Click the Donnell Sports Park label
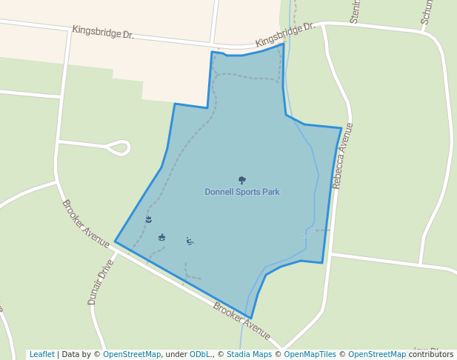click(242, 192)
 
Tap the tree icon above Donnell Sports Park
click(242, 180)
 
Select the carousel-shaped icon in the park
click(161, 237)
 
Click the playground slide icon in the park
click(190, 241)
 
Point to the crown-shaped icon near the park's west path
click(149, 220)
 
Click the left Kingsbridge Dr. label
click(103, 33)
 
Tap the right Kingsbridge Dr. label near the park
click(285, 34)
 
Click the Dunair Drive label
click(101, 281)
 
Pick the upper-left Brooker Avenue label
click(86, 224)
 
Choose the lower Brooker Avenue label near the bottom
click(241, 320)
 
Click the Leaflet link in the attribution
click(41, 355)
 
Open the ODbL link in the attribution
click(199, 355)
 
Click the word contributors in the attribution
click(431, 355)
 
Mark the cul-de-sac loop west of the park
click(119, 148)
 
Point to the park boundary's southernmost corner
click(251, 319)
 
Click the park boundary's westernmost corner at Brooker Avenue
click(115, 241)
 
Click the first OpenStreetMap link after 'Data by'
click(132, 355)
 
